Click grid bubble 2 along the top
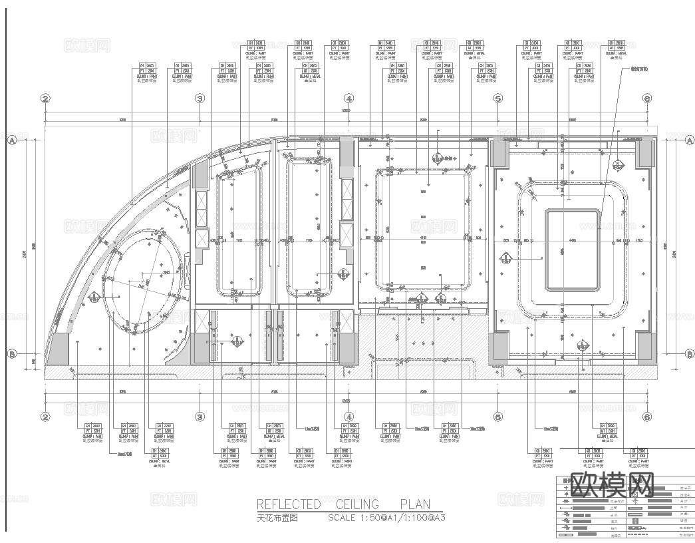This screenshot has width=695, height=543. [x=45, y=98]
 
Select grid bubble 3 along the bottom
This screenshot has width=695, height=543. [x=199, y=417]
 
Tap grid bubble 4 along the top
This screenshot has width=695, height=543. [x=348, y=98]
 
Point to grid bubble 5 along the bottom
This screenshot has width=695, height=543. [x=497, y=417]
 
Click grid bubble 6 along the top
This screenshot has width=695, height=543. [x=646, y=98]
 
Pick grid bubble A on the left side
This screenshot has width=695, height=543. [x=11, y=140]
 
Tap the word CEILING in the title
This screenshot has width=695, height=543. [x=357, y=504]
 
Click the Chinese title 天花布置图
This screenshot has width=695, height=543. [x=277, y=517]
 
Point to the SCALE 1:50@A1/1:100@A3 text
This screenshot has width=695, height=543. [x=386, y=517]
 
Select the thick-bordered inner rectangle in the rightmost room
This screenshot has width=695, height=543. [x=572, y=250]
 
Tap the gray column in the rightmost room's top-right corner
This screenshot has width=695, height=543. [x=644, y=154]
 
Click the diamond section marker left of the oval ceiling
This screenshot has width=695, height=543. [x=96, y=297]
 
